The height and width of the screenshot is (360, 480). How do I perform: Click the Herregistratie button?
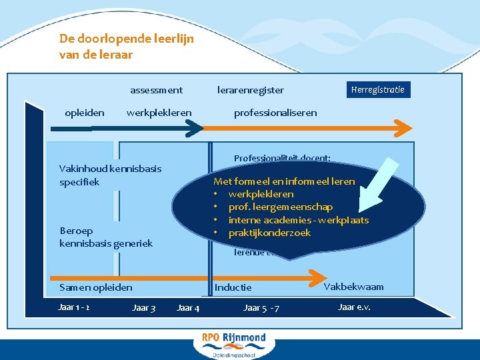pos(377,89)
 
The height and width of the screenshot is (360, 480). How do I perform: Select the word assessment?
pos(156,90)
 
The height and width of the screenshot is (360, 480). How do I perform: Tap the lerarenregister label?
pos(251,90)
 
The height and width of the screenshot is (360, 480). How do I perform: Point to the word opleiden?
pos(85,113)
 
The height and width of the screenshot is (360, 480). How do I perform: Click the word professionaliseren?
pos(275,113)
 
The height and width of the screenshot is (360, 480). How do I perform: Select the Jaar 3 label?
pos(144,307)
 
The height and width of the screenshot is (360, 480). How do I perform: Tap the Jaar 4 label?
pos(188,307)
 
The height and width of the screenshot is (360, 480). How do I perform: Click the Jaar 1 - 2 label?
pos(75,307)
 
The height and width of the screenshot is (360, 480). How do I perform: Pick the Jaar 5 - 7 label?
pos(261,307)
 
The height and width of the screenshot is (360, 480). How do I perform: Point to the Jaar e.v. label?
pos(354,307)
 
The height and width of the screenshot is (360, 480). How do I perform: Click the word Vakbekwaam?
pos(353,287)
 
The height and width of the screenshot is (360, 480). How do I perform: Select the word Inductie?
pos(233,287)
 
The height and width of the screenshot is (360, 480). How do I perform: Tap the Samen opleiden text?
pos(96,287)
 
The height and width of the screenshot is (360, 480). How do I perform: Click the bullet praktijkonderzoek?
pos(269,233)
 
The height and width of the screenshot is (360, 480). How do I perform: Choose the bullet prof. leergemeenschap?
pos(280,207)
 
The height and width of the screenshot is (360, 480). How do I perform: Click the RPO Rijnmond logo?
pos(233,344)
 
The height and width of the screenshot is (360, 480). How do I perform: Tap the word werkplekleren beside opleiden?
pos(159,113)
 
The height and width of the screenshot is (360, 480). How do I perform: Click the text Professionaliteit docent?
pos(282,159)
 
